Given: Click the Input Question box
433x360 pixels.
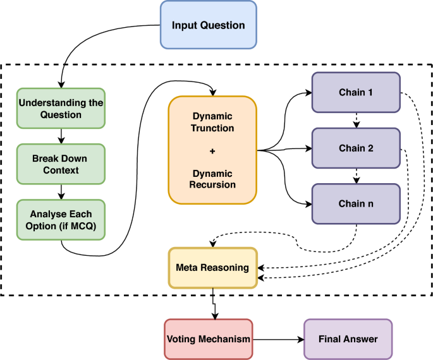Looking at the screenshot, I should [x=208, y=25].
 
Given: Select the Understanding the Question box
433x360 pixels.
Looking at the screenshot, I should [x=61, y=108].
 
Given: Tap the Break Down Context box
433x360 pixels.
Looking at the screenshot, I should [x=61, y=164].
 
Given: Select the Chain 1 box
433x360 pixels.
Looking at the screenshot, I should [x=355, y=93].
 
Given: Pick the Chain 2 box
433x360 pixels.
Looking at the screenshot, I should [x=355, y=148].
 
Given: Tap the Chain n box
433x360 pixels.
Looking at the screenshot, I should [x=355, y=204].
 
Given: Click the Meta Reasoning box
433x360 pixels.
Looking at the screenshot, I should [x=212, y=268].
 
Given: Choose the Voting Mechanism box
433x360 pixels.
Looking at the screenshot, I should [x=208, y=339].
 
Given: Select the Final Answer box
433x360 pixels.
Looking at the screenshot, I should [x=348, y=339].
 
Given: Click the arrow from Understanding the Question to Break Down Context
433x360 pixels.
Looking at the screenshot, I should [x=61, y=136].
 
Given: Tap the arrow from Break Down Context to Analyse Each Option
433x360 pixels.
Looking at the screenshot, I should [x=61, y=191].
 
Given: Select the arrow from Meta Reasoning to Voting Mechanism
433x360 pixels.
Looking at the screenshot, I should [x=215, y=304].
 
